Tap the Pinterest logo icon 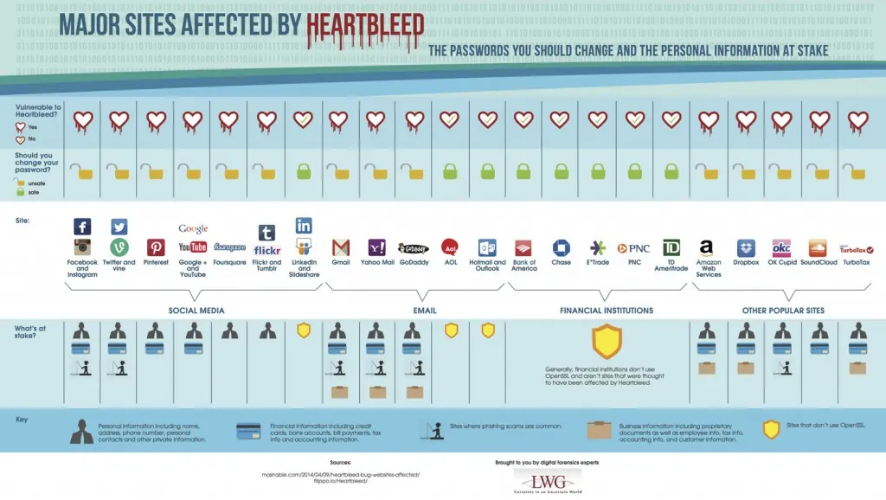(x=156, y=248)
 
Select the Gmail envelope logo (x=341, y=247)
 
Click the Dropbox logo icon (x=746, y=248)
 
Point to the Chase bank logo (x=561, y=248)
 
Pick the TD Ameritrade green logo (x=672, y=248)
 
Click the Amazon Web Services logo (x=707, y=248)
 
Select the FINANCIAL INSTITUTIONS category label (x=606, y=310)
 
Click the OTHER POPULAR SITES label (x=783, y=310)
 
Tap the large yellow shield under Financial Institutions (x=606, y=342)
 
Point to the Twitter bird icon (x=119, y=227)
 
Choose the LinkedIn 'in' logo (x=304, y=225)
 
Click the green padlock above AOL (x=450, y=171)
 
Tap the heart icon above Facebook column (x=82, y=120)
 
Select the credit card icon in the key (x=249, y=431)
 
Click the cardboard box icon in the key (x=599, y=431)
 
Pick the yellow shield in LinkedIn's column (x=304, y=330)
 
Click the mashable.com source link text (x=346, y=475)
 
